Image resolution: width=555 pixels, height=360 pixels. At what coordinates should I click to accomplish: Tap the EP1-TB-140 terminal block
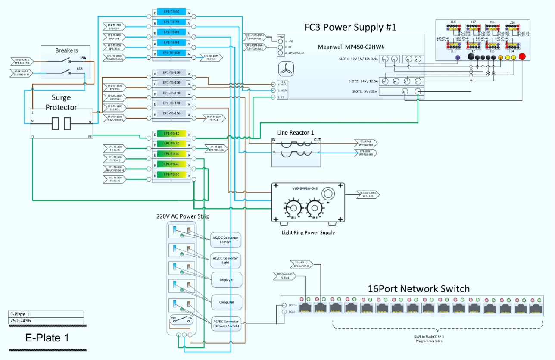[171, 103]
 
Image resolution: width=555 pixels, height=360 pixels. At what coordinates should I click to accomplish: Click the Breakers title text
[66, 50]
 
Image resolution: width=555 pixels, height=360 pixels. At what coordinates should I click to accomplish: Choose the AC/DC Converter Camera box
[225, 240]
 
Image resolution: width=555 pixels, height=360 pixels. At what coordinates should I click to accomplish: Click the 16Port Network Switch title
[418, 288]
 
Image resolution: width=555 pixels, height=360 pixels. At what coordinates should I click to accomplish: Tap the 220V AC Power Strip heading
[183, 216]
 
